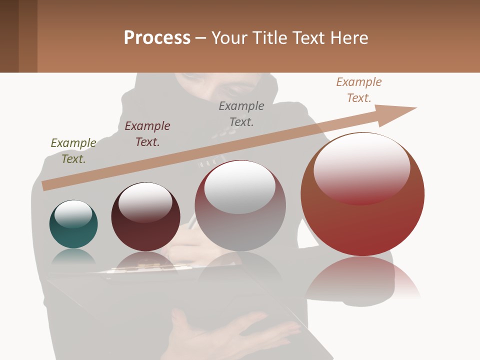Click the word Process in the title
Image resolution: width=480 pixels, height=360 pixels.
click(x=157, y=38)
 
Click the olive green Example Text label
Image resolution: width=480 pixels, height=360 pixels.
click(x=73, y=151)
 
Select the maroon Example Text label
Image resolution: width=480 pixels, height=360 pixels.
click(x=147, y=134)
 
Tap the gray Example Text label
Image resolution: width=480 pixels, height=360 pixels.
click(x=241, y=114)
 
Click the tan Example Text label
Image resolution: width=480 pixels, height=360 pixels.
click(x=359, y=90)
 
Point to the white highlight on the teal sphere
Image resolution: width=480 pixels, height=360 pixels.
click(x=73, y=214)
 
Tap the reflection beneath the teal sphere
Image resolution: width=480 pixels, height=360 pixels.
click(x=73, y=257)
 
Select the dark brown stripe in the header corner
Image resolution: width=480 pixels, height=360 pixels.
click(x=9, y=36)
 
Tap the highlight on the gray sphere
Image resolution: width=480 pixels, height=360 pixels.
click(x=240, y=187)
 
